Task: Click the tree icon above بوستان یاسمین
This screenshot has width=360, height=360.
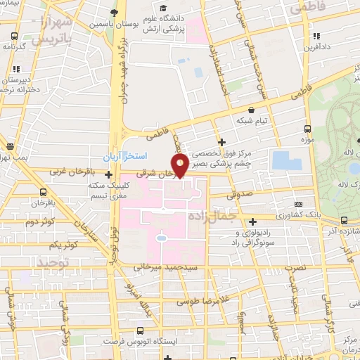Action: pos(114,13)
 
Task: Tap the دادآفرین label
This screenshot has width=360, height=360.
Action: pos(317,47)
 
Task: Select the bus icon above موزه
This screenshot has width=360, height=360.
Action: pos(307,129)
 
